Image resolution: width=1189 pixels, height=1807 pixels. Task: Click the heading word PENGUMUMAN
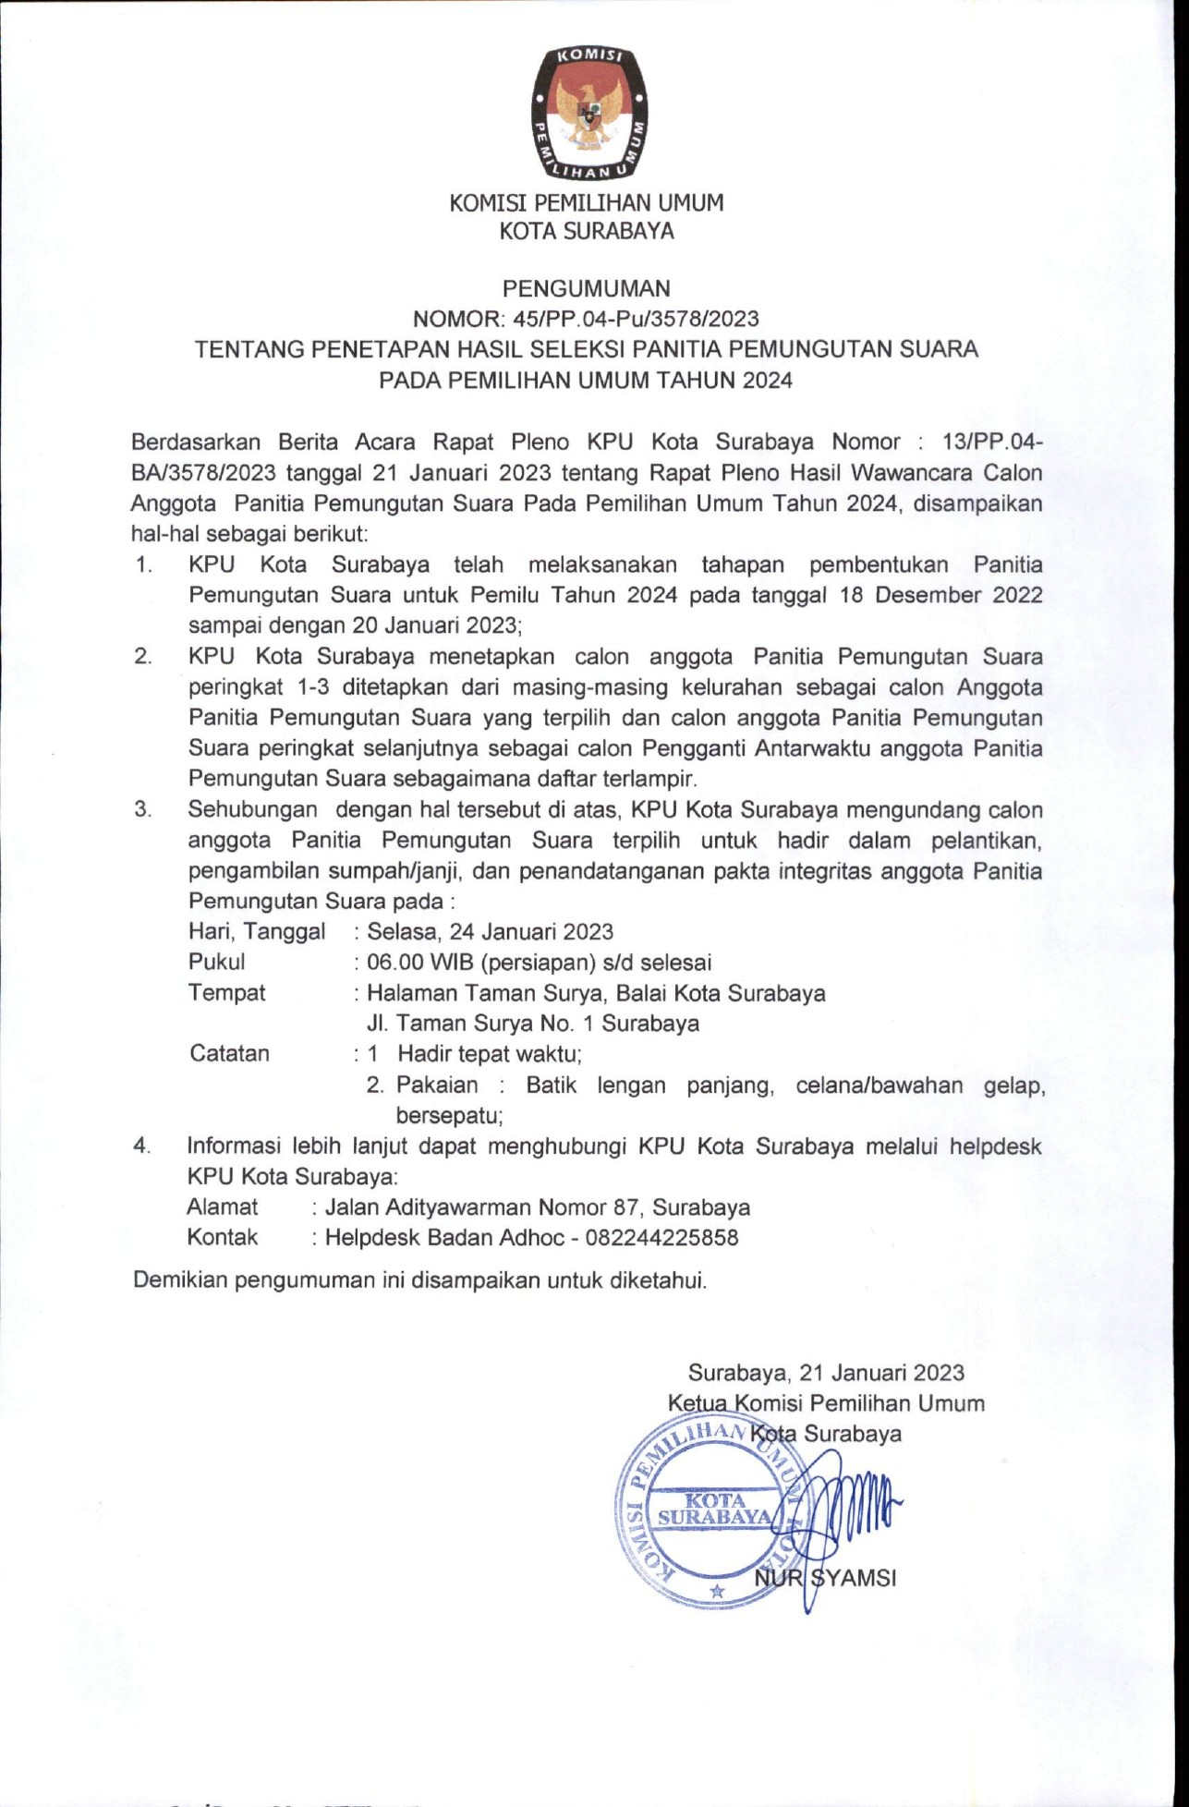[x=587, y=288]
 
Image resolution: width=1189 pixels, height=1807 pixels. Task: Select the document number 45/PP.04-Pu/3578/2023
[x=628, y=319]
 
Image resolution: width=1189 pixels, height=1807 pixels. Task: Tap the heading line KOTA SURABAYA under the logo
[x=587, y=231]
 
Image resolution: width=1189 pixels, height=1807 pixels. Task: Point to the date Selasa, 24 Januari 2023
[x=490, y=931]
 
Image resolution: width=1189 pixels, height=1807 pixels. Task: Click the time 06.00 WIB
[x=419, y=962]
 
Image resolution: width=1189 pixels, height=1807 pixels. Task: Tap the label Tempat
[x=226, y=992]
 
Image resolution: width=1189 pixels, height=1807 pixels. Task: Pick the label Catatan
[x=229, y=1053]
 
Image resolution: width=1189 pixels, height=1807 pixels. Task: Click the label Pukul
[x=216, y=962]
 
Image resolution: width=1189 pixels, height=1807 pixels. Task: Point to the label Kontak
[x=222, y=1237]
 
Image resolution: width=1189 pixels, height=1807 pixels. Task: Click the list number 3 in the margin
[x=142, y=810]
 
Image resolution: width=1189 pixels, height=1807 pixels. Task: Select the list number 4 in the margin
[x=142, y=1146]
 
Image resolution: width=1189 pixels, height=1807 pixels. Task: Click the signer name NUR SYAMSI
[x=825, y=1577]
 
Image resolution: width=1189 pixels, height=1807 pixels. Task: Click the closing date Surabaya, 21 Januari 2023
[x=826, y=1373]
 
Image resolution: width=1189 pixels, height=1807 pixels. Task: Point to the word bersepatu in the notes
[x=449, y=1115]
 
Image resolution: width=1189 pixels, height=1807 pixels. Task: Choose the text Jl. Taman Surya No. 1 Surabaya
[x=532, y=1023]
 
